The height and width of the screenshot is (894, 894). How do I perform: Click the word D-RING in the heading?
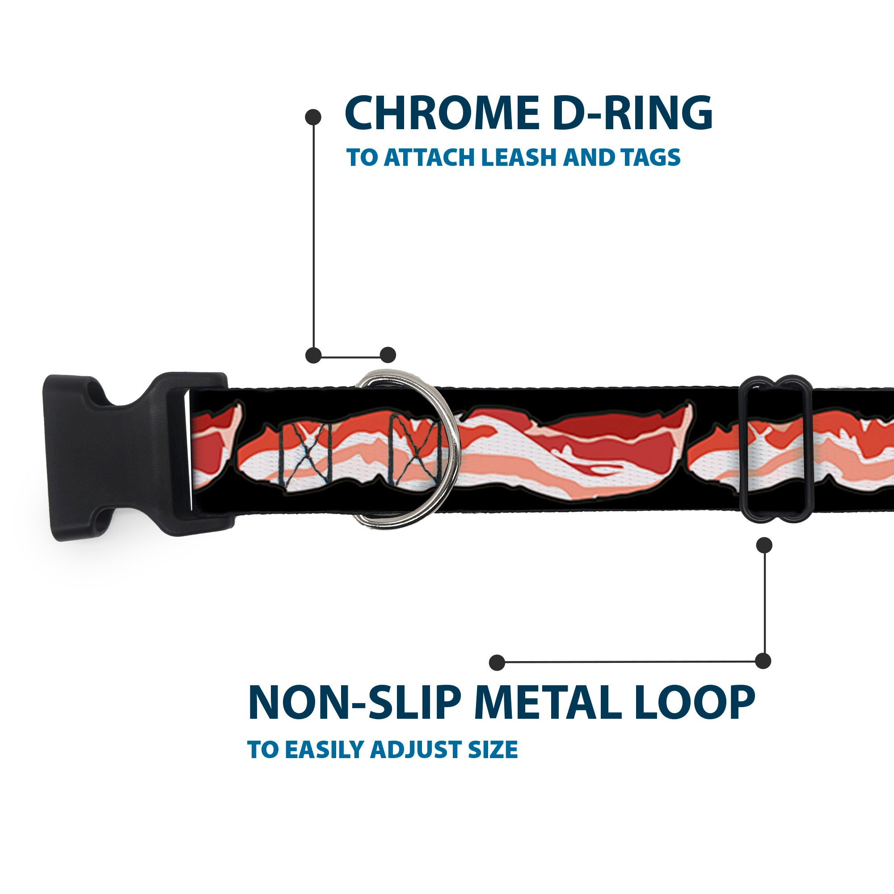[632, 113]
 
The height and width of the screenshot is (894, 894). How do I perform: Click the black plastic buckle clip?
[134, 456]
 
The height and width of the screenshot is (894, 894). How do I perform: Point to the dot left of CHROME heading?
[313, 117]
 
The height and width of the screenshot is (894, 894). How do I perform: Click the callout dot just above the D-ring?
[388, 355]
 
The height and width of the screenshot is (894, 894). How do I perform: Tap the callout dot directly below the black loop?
[764, 545]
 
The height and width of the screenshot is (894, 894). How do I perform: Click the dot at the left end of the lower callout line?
[497, 662]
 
